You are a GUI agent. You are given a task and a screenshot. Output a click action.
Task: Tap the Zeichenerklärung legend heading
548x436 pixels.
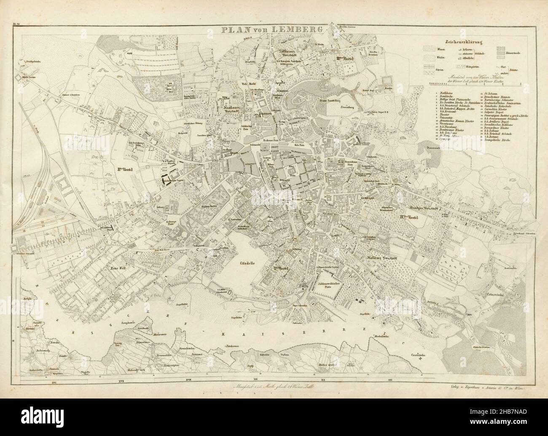(x=463, y=42)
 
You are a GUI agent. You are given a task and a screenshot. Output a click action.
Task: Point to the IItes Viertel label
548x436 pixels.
(x=126, y=170)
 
